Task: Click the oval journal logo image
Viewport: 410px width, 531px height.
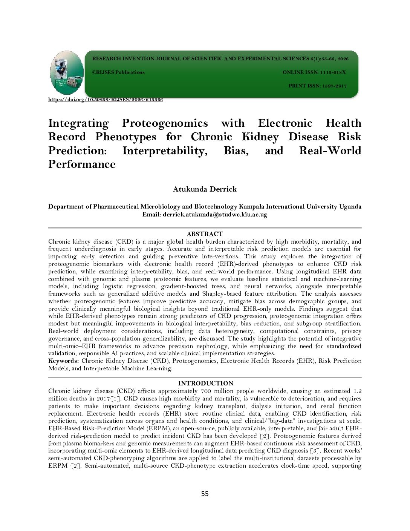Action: [x=67, y=72]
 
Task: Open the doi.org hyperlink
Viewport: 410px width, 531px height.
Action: [x=106, y=100]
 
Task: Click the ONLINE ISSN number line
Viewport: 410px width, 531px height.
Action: [x=314, y=72]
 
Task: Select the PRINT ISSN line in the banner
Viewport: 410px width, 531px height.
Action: [x=317, y=86]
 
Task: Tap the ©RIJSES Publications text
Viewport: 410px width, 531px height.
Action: [x=118, y=72]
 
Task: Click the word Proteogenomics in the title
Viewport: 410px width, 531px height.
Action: [x=165, y=123]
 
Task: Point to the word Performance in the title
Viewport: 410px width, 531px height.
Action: [x=82, y=164]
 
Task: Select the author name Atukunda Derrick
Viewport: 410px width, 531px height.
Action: [x=205, y=189]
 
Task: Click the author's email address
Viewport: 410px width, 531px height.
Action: [x=215, y=215]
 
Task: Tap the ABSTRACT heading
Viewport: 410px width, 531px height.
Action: [x=205, y=234]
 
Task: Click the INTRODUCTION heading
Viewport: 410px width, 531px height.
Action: [x=205, y=383]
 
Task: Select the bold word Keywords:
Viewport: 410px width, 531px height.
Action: [x=63, y=361]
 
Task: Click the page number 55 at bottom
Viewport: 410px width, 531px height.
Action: [x=205, y=494]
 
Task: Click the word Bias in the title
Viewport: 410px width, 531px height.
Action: [x=236, y=151]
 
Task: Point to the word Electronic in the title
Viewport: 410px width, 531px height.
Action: [x=285, y=123]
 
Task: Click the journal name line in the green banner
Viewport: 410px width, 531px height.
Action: [x=220, y=59]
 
